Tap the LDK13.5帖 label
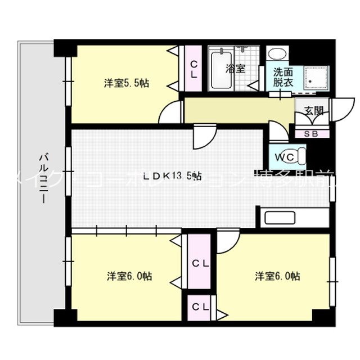click(172, 176)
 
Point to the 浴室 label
click(235, 69)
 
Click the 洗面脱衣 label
click(283, 76)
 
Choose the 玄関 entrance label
click(313, 111)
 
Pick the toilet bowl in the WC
click(299, 154)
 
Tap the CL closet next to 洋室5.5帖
click(193, 69)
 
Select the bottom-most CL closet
click(200, 307)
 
